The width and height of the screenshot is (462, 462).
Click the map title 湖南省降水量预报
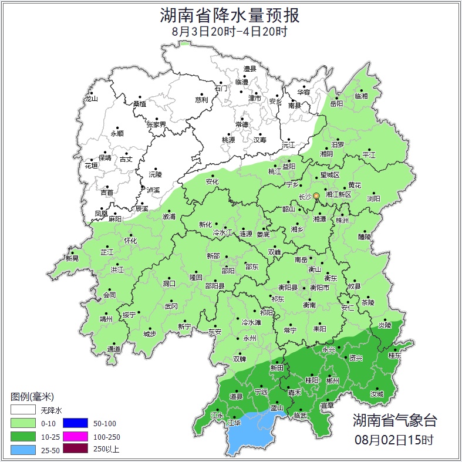coord(230,14)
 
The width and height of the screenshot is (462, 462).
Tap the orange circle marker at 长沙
coord(316,195)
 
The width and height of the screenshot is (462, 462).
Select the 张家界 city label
coord(156,124)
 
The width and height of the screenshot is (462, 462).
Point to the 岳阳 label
coord(336,103)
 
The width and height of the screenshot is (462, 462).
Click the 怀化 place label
coord(130,241)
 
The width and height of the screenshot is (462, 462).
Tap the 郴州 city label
coord(333,380)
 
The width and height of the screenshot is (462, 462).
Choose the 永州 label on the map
coord(250,339)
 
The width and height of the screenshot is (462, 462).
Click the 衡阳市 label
coord(320,288)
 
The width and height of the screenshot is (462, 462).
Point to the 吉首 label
coord(107,192)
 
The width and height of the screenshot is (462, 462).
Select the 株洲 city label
coord(342,220)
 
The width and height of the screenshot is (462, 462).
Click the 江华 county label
coord(234,422)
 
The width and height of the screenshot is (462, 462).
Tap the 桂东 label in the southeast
coord(395,355)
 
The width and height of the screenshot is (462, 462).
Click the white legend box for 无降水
coord(22,410)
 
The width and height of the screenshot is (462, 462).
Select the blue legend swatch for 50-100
coord(75,423)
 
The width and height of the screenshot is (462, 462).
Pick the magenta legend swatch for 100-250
coord(75,436)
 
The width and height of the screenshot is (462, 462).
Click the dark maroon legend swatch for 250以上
coord(75,450)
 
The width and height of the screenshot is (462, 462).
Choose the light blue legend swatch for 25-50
coord(22,450)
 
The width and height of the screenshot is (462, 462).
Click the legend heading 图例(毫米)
coord(32,397)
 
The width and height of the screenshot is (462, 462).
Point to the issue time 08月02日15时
coord(394,439)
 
